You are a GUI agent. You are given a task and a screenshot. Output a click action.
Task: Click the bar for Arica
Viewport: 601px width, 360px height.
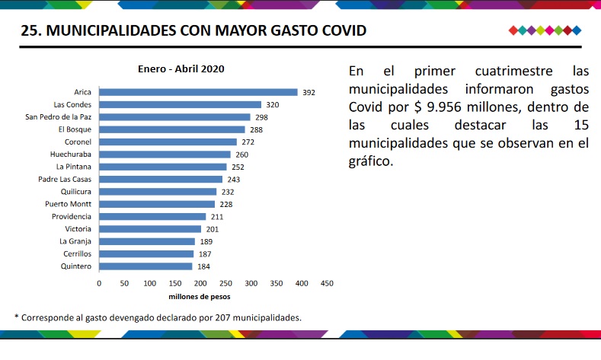[198, 92]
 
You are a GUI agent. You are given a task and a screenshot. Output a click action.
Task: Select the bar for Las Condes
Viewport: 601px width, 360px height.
[180, 104]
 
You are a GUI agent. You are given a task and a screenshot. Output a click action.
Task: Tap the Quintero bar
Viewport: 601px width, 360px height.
[145, 266]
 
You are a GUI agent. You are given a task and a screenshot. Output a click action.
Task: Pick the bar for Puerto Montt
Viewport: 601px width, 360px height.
[157, 204]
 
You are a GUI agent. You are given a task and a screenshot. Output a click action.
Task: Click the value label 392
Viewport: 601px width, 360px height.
[308, 92]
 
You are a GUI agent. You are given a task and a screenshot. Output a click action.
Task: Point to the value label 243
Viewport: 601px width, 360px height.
[234, 179]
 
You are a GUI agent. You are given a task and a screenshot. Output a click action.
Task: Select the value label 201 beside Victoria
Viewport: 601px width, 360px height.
[213, 229]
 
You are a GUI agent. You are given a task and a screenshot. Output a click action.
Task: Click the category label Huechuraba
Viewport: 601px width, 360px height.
[71, 155]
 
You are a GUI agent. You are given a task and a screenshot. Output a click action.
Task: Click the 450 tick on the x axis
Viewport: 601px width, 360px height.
[327, 283]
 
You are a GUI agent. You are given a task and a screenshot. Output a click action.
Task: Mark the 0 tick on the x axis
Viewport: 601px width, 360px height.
[99, 283]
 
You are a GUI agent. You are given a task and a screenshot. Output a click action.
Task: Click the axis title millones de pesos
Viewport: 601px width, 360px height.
[200, 296]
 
